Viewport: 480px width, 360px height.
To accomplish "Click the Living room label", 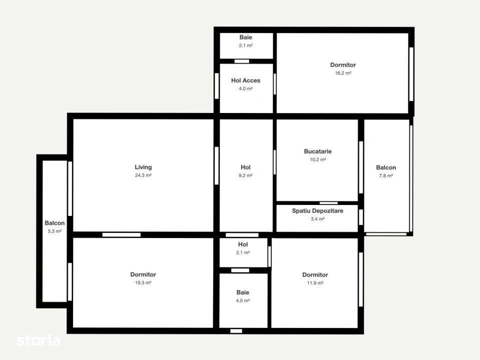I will (143, 167).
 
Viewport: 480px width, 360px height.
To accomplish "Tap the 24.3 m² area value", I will (143, 175).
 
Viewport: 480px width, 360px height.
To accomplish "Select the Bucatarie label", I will (317, 151).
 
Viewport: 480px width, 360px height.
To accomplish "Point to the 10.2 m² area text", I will (317, 160).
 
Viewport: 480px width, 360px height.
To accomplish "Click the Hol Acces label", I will (246, 80).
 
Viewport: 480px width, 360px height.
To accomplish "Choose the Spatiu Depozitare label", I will (317, 211).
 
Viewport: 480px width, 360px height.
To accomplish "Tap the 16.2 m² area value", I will (343, 73).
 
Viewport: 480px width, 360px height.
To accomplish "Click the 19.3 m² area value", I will (143, 282).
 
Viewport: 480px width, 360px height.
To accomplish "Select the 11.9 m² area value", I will (315, 283).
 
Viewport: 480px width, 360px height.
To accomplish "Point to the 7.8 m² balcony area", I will (386, 176).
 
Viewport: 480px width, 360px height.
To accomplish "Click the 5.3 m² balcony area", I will (55, 231).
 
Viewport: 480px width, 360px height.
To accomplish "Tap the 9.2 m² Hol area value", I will (246, 175).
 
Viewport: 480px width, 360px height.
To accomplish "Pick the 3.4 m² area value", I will (317, 219).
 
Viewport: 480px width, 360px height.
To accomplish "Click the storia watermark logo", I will (39, 340).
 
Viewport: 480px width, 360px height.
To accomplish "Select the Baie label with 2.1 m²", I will (246, 37).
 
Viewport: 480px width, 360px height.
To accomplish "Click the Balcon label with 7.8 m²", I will (386, 168).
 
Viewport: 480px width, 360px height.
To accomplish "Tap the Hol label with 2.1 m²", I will (243, 244).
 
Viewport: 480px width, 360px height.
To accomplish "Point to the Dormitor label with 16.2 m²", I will (343, 65).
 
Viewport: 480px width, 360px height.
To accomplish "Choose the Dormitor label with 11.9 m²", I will (315, 275).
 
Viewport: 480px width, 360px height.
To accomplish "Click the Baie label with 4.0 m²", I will (243, 292).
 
